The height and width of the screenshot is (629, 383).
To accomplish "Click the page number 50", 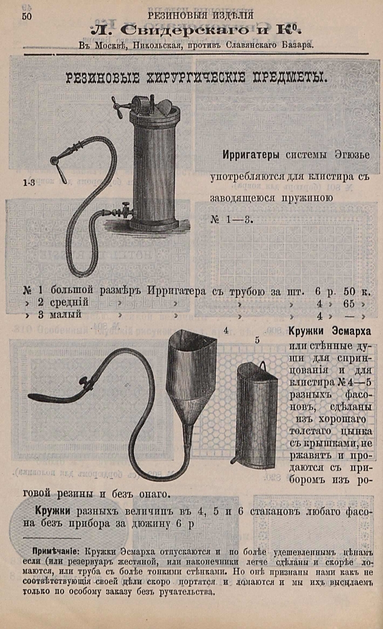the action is pyautogui.click(x=26, y=16).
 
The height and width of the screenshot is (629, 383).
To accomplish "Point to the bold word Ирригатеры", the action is pyautogui.click(x=251, y=154).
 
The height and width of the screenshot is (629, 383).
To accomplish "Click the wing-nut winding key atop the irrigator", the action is pyautogui.click(x=119, y=106).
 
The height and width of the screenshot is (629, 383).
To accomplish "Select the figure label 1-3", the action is pyautogui.click(x=28, y=183).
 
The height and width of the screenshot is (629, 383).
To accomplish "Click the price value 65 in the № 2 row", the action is pyautogui.click(x=349, y=304).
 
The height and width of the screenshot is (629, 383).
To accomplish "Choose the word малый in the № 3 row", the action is pyautogui.click(x=65, y=314).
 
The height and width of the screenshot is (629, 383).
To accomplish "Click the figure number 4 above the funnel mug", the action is pyautogui.click(x=226, y=331).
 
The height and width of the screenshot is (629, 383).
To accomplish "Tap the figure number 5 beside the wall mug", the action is pyautogui.click(x=257, y=340).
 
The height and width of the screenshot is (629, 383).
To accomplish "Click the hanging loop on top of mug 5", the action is pyautogui.click(x=264, y=366).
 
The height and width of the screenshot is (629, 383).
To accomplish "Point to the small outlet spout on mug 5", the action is pyautogui.click(x=234, y=457).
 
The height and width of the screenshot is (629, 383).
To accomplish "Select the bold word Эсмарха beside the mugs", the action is pyautogui.click(x=351, y=331).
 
